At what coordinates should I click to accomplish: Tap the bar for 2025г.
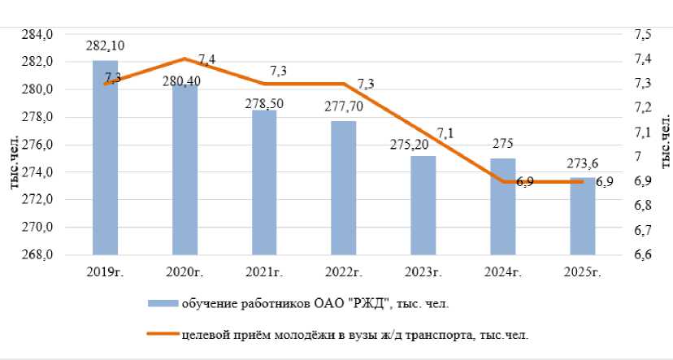(583, 215)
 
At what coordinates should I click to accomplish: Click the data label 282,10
(105, 46)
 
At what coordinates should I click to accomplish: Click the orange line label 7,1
(445, 133)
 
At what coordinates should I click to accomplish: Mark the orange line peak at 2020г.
(185, 59)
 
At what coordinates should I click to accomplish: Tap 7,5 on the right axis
(643, 35)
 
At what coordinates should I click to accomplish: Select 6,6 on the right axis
(643, 255)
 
